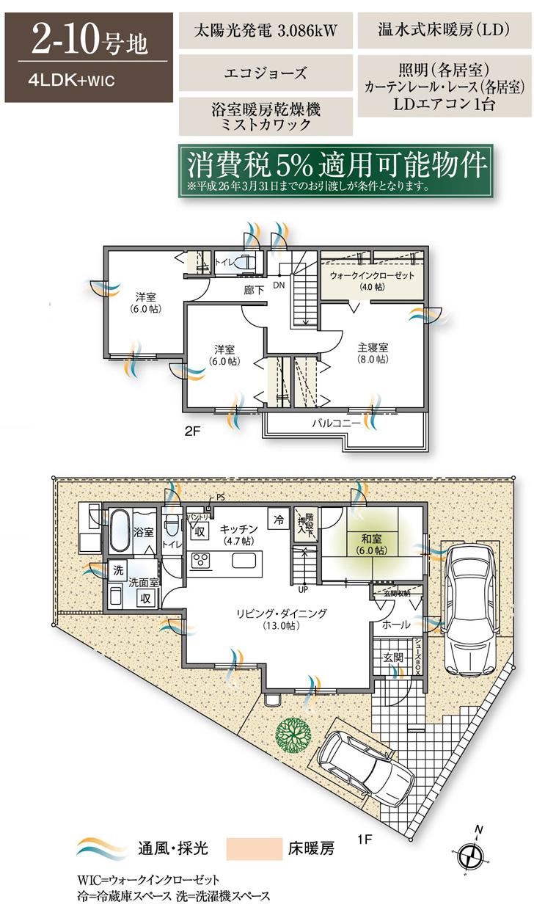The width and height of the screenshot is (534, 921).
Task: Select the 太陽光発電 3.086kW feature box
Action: [x=265, y=32]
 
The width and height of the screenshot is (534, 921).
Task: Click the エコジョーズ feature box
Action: [x=265, y=73]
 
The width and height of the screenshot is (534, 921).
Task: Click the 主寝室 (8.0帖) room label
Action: [x=373, y=353]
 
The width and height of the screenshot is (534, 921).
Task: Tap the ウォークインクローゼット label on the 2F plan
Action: [x=372, y=280]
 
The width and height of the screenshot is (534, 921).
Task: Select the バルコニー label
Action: [x=336, y=424]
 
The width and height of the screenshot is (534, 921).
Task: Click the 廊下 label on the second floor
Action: [x=255, y=290]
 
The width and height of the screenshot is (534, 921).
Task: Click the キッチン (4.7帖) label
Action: [x=238, y=534]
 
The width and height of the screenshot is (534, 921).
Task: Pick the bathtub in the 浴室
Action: [x=120, y=530]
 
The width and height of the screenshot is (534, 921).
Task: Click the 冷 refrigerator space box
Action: [x=278, y=517]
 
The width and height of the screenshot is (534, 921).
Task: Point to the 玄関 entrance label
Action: [x=392, y=658]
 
